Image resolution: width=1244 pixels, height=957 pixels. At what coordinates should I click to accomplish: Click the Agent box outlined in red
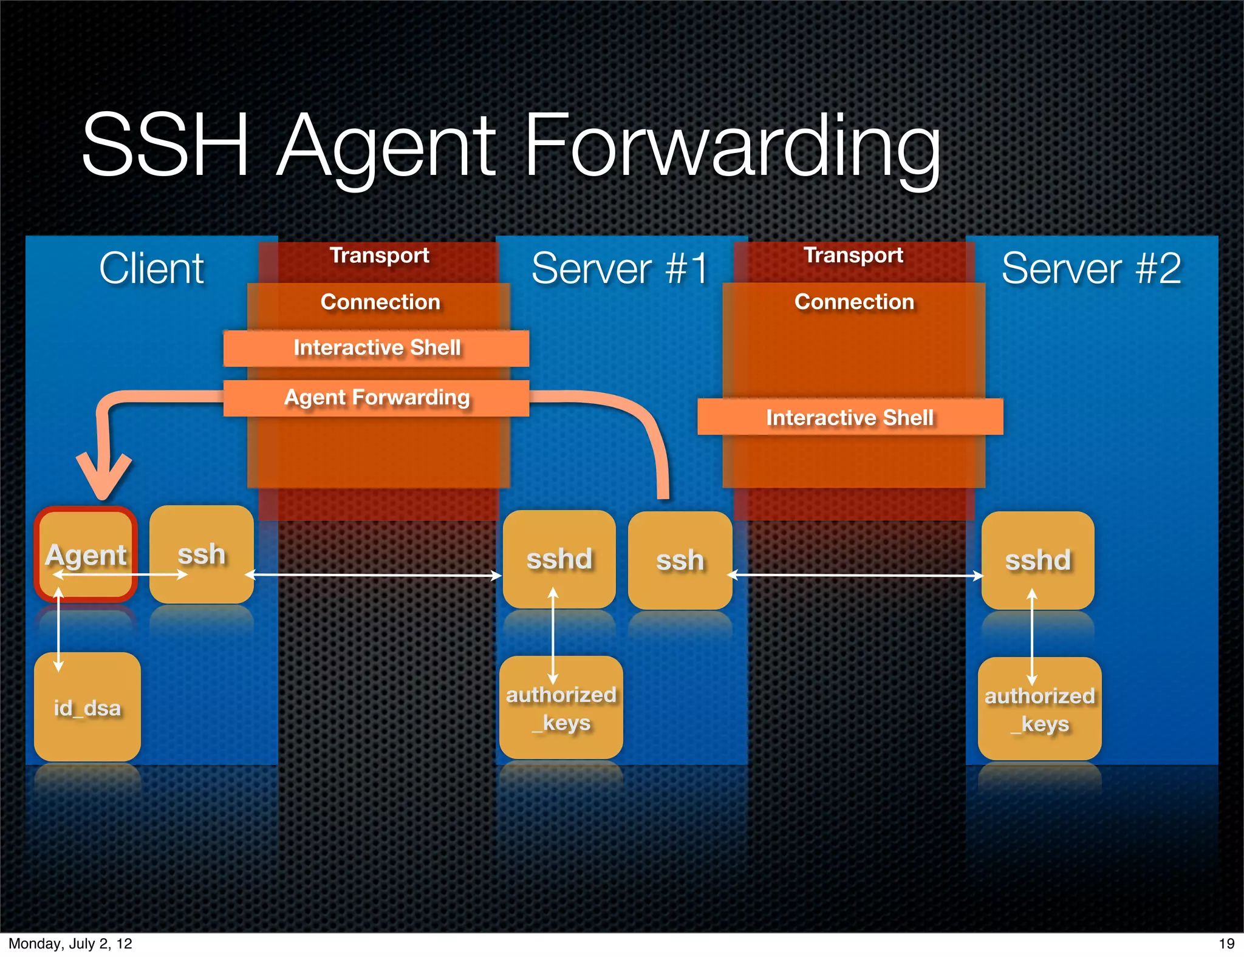click(86, 554)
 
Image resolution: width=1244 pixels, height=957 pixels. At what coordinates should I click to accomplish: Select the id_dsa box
click(87, 707)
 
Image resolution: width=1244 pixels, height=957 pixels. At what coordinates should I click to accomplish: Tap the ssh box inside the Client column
click(201, 554)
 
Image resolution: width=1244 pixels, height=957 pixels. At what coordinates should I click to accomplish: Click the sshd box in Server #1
click(559, 559)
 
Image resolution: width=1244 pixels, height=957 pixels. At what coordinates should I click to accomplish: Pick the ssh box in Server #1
click(680, 560)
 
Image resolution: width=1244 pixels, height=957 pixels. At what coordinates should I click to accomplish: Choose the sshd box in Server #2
click(1037, 560)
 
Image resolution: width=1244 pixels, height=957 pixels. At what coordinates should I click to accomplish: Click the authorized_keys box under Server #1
click(561, 708)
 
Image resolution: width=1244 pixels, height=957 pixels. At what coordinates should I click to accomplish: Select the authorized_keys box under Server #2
click(1039, 709)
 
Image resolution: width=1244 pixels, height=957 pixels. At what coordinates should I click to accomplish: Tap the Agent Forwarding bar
click(376, 398)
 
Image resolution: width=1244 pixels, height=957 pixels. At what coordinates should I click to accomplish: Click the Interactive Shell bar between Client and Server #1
click(376, 348)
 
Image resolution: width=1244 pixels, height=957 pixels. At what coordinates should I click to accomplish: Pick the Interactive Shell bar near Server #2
click(850, 417)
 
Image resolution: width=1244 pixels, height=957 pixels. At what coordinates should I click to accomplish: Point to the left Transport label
click(379, 255)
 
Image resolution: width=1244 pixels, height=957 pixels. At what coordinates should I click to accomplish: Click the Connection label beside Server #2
click(853, 302)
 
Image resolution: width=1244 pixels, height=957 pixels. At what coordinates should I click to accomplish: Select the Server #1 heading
click(620, 268)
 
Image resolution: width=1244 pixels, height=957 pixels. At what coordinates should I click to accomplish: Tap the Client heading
click(151, 268)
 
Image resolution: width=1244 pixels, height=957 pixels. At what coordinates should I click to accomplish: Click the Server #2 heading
click(1091, 268)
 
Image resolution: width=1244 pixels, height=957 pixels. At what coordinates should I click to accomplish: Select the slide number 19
click(1226, 944)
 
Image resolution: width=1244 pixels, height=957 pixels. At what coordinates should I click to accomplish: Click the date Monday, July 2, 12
click(70, 944)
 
